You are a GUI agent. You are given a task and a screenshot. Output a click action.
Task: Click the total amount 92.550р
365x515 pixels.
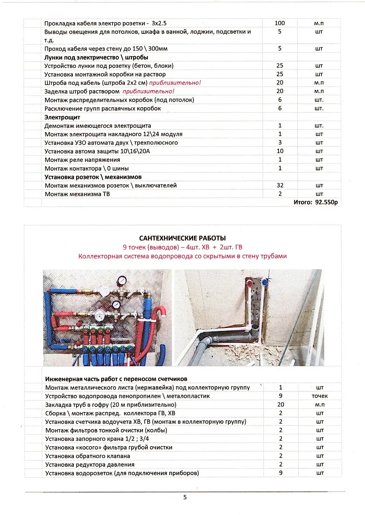coord(326,202)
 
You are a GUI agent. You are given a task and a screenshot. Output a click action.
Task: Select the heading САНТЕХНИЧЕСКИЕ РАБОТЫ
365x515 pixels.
coord(182,238)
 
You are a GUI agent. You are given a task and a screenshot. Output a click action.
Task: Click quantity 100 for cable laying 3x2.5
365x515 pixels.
coord(280,23)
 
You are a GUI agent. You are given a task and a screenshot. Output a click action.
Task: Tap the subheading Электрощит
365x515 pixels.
coord(62,117)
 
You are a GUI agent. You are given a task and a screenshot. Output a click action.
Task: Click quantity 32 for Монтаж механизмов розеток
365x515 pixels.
coord(280,185)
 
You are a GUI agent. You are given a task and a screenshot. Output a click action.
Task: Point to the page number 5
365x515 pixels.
coord(185,497)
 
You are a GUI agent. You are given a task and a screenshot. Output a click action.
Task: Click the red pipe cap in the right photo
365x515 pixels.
coord(250,284)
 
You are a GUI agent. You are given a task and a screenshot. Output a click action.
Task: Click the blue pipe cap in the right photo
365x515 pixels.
coord(265,283)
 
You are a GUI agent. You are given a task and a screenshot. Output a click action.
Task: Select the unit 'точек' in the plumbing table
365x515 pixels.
coord(319,396)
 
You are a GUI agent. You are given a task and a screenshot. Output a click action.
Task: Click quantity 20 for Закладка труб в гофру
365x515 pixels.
coord(281,405)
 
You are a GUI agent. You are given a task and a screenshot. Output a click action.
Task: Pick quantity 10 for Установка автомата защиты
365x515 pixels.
coord(280,151)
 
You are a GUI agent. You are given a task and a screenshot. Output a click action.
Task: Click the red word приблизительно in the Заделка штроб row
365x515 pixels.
coord(148,91)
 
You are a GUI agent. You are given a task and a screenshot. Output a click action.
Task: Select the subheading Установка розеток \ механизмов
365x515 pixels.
coord(93,177)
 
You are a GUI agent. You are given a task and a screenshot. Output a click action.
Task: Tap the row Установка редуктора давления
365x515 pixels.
coord(90,464)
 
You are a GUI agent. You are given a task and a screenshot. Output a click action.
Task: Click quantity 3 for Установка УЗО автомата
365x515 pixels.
coord(280,142)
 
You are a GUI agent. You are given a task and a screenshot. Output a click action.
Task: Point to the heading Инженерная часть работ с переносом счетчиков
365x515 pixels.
coord(116,379)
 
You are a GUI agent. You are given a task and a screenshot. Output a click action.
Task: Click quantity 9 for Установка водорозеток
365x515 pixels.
coord(281,473)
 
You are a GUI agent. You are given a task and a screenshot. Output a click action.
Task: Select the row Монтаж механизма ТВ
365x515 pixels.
coord(77,194)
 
